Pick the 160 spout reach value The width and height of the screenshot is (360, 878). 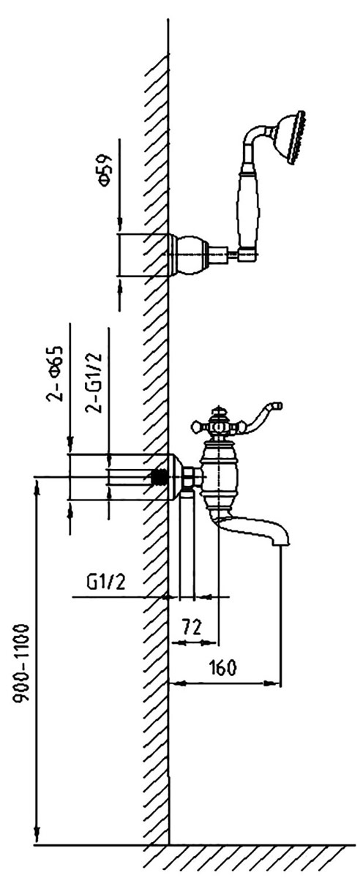tap(222, 668)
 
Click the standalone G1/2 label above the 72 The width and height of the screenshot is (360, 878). tap(106, 583)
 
